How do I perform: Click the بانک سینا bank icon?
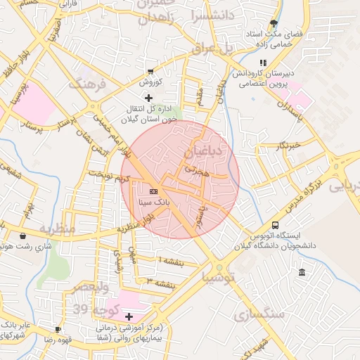click(x=154, y=191)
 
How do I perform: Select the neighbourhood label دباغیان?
click(x=203, y=151)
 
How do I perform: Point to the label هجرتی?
click(x=197, y=170)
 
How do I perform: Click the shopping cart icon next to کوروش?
click(x=150, y=72)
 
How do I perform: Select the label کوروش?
click(x=150, y=82)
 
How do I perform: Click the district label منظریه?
click(x=57, y=229)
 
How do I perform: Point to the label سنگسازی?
click(x=259, y=314)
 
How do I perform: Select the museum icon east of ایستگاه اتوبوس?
click(x=302, y=272)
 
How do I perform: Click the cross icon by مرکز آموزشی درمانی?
click(x=128, y=316)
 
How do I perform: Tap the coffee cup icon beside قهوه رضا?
click(x=58, y=329)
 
